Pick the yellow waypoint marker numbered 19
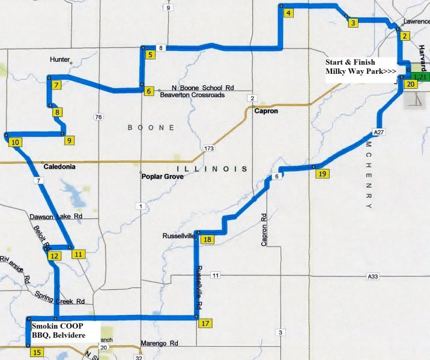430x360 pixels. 322,174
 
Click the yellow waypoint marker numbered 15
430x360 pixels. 37,353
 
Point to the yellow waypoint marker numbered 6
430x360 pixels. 148,91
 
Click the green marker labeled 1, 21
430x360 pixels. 422,77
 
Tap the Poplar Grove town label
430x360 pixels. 162,178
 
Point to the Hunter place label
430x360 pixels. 60,59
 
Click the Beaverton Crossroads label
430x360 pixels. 192,95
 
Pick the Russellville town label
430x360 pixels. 178,236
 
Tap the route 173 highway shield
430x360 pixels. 209,148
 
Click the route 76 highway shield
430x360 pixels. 98,117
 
